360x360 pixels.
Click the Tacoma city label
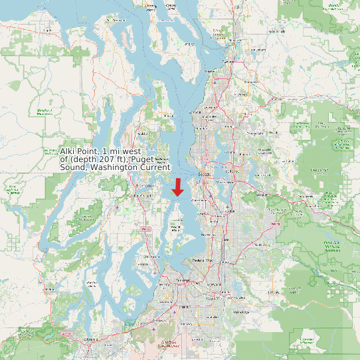[x=183, y=282]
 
